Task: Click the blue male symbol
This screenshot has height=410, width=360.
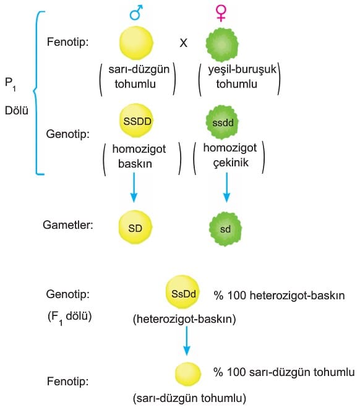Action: pyautogui.click(x=136, y=12)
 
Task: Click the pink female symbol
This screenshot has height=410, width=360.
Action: pyautogui.click(x=221, y=13)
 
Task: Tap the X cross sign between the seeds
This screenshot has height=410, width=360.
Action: pyautogui.click(x=183, y=43)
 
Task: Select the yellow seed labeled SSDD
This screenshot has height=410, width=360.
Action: pyautogui.click(x=136, y=121)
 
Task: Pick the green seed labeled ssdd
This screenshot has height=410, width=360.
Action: pyautogui.click(x=223, y=122)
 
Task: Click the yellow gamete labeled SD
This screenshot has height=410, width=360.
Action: pyautogui.click(x=135, y=227)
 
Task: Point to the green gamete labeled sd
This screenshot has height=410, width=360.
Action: pyautogui.click(x=225, y=229)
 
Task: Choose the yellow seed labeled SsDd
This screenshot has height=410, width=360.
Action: pyautogui.click(x=183, y=293)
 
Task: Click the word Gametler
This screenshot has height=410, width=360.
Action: pyautogui.click(x=68, y=224)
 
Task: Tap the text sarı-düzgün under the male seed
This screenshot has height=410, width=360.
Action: pyautogui.click(x=139, y=69)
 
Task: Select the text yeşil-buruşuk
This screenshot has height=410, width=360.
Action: pyautogui.click(x=242, y=70)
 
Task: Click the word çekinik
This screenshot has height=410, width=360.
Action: pyautogui.click(x=231, y=163)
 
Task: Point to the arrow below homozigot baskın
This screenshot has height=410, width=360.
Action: pyautogui.click(x=134, y=187)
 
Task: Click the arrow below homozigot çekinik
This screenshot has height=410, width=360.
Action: pyautogui.click(x=226, y=187)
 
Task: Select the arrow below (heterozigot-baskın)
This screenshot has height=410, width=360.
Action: pyautogui.click(x=187, y=341)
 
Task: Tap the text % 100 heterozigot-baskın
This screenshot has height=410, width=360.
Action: pyautogui.click(x=279, y=296)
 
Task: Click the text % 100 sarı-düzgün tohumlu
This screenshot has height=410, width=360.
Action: pyautogui.click(x=284, y=372)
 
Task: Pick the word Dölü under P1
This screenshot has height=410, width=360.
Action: pyautogui.click(x=17, y=110)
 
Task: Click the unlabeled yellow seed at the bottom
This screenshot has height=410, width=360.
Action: pyautogui.click(x=188, y=374)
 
